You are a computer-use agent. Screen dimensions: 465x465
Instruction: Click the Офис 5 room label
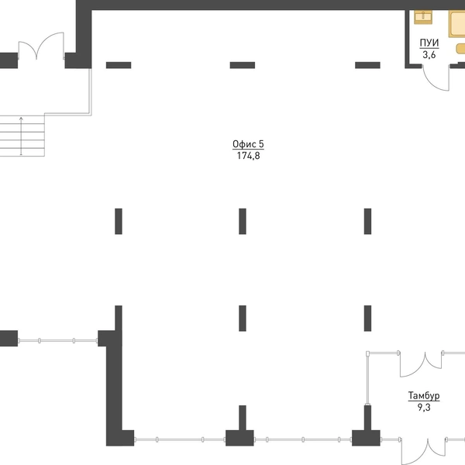(x=248, y=144)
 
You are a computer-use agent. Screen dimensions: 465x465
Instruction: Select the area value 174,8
(x=249, y=156)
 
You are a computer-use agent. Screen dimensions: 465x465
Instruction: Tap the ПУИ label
(x=429, y=43)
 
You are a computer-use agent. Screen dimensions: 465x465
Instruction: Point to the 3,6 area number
(x=429, y=55)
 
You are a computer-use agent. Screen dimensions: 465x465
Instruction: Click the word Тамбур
(x=424, y=395)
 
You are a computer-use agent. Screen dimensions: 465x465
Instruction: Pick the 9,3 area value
(x=424, y=408)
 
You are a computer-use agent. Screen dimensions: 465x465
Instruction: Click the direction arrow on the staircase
(x=21, y=136)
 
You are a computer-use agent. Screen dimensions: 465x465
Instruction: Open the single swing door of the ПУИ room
(x=436, y=77)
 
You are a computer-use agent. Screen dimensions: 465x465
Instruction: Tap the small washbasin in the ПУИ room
(x=423, y=16)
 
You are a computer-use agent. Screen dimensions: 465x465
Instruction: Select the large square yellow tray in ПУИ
(x=456, y=24)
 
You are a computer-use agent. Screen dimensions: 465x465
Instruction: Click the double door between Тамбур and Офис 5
(x=421, y=364)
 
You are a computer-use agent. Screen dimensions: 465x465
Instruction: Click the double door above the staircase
(x=41, y=46)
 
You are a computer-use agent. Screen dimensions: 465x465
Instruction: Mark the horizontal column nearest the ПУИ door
(x=367, y=65)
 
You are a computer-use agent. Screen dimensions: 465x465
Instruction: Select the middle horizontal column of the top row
(x=243, y=65)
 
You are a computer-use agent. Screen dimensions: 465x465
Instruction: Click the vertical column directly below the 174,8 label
(x=243, y=221)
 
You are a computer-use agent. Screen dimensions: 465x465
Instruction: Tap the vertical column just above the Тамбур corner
(x=367, y=319)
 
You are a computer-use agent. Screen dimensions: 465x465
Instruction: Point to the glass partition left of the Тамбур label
(x=367, y=379)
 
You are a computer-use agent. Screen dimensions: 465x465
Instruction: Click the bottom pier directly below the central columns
(x=240, y=425)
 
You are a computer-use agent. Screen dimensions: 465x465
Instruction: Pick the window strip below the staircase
(x=57, y=341)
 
